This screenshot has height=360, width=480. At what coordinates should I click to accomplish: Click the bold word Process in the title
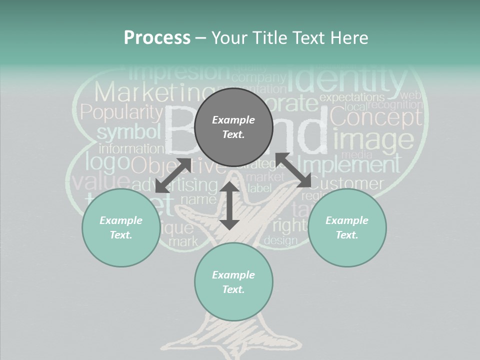click(157, 38)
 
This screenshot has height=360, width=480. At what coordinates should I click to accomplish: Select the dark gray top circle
click(233, 127)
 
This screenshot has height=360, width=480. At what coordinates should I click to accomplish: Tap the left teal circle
click(121, 227)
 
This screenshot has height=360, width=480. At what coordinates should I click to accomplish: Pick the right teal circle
click(347, 227)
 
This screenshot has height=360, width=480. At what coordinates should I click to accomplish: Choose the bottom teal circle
click(233, 282)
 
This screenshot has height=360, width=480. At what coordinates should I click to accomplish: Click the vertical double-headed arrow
click(229, 206)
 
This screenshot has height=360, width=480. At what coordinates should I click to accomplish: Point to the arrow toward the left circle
click(173, 175)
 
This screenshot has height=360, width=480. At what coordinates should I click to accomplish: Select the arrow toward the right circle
click(293, 170)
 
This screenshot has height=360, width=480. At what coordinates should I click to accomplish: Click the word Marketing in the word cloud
click(145, 93)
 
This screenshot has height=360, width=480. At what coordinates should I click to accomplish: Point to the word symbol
click(128, 132)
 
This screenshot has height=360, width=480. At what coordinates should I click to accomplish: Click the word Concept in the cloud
click(376, 117)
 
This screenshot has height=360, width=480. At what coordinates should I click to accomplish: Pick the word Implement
click(349, 164)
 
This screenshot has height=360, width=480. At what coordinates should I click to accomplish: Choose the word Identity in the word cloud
click(348, 80)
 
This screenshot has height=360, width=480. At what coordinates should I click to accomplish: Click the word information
click(131, 149)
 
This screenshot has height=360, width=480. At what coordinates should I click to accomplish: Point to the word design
click(280, 240)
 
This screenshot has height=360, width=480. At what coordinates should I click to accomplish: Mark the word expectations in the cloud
click(352, 97)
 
